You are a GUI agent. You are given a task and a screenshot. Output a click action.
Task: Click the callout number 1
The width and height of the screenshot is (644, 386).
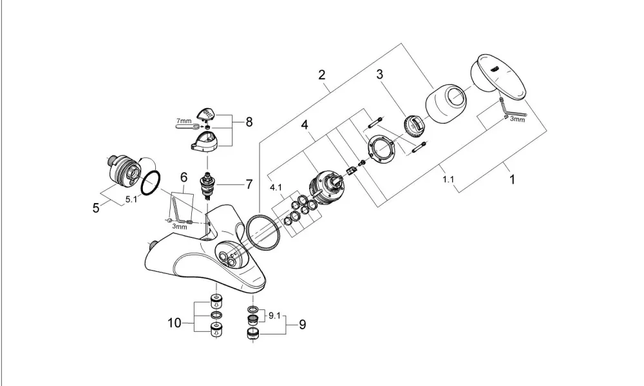pos(512,180)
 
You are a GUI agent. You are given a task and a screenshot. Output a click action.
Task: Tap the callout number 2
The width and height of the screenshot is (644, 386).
pos(321,75)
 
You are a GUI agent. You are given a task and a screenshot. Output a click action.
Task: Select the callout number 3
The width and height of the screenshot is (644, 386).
pos(379,74)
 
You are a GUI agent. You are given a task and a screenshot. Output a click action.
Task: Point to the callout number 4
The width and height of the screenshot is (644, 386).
pos(305,124)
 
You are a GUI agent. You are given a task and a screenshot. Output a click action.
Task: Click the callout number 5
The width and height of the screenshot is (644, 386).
pos(96,208)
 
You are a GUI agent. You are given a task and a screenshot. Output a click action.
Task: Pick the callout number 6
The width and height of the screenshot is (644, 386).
pos(184,178)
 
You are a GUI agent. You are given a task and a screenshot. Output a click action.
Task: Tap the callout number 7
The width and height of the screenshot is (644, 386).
pos(249,184)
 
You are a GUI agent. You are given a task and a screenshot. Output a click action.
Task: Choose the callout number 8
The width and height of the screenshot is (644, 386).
pos(249,122)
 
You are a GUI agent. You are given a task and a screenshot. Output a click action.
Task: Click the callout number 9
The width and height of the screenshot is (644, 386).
pos(302,325)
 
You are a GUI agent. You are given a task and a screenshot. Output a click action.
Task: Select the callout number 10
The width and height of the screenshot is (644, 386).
pos(175,323)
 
